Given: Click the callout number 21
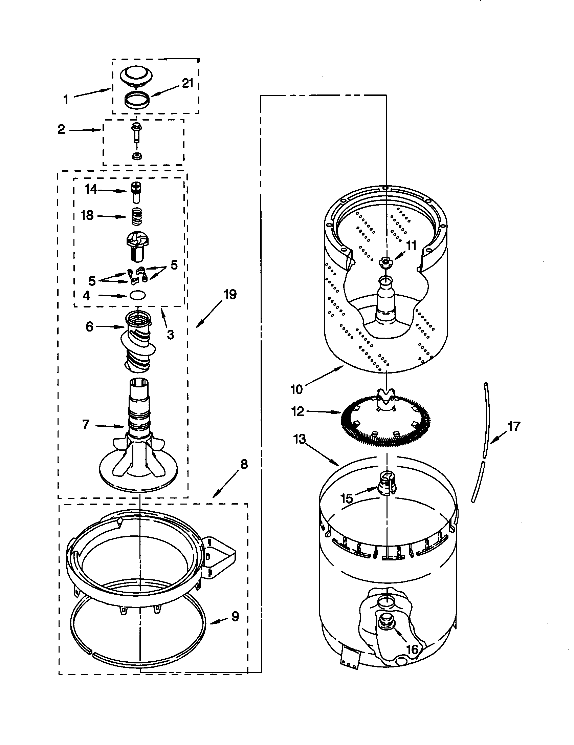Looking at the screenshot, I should click(x=187, y=83).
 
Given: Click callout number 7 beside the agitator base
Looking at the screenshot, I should click(x=86, y=424).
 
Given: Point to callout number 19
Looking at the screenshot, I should click(x=230, y=294).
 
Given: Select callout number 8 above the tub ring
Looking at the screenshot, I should click(x=244, y=464).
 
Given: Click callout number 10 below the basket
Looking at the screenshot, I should click(x=296, y=389).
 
